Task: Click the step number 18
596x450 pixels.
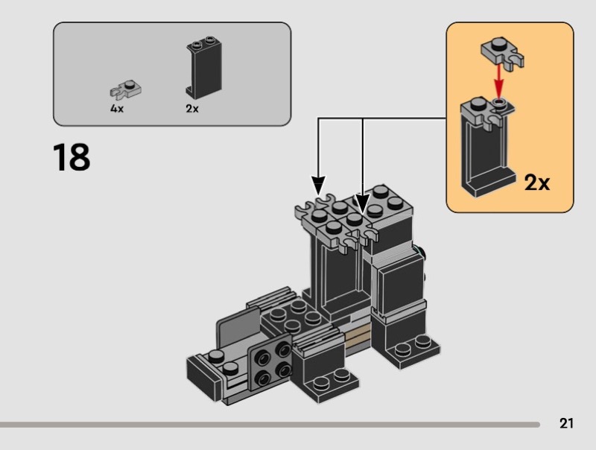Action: coord(72,157)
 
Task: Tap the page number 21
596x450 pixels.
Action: coord(566,424)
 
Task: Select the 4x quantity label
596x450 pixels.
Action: coord(117,109)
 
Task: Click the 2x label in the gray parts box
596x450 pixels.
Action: coord(192,109)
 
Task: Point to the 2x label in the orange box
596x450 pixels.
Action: coord(536,182)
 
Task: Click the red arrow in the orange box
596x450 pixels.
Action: coord(498,78)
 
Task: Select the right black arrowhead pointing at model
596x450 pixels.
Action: coord(362,203)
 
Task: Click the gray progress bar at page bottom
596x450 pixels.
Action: coord(268,425)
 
